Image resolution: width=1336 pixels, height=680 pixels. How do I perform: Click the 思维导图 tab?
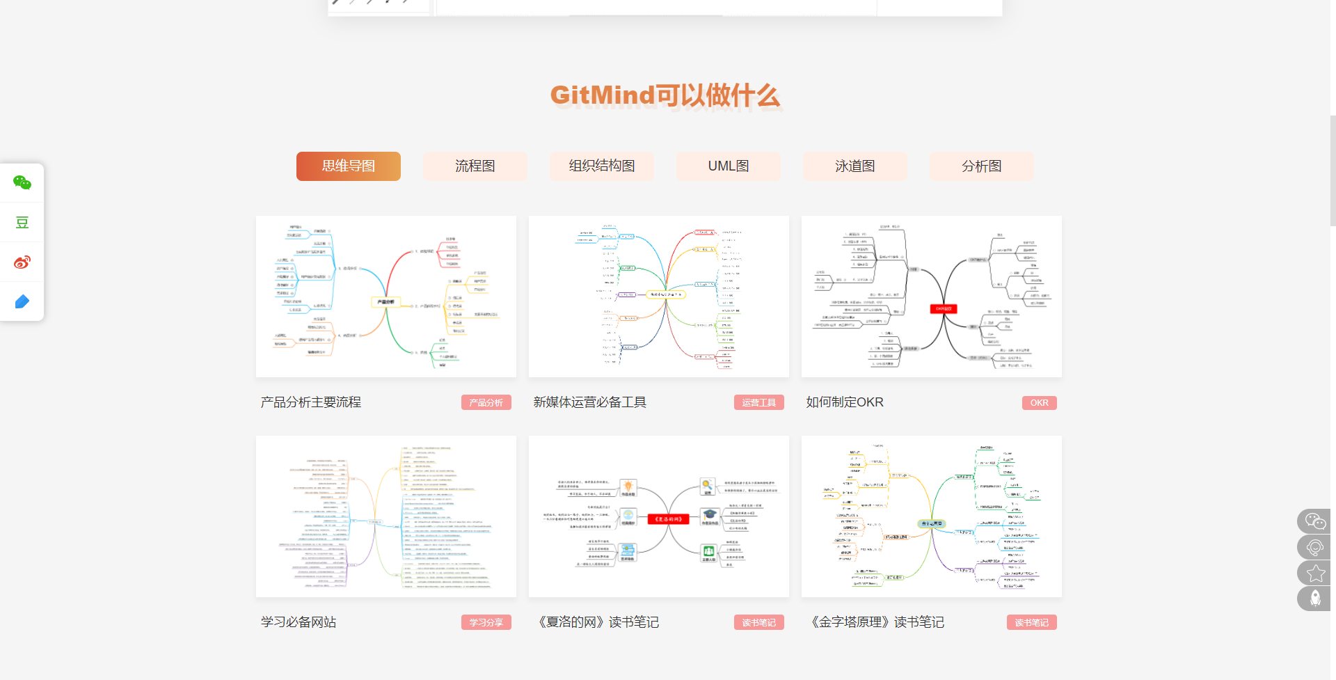(348, 166)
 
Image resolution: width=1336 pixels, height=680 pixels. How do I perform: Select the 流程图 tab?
(475, 166)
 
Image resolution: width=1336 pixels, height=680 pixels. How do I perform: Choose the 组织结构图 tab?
(601, 166)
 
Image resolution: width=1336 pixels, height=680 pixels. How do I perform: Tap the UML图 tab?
(728, 166)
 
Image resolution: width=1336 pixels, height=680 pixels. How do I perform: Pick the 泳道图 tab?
(854, 166)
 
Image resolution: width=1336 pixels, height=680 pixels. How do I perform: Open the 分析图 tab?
(981, 166)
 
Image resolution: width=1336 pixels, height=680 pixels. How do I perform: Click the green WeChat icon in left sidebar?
(22, 183)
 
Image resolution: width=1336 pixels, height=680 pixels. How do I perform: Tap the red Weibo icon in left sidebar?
(22, 262)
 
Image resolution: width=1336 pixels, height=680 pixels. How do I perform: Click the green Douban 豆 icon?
(22, 223)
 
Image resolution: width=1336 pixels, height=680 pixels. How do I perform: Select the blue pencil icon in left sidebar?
(22, 302)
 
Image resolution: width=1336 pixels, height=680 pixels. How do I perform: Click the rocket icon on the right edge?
(1315, 599)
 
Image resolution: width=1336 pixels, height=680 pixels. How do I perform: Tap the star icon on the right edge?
(1315, 574)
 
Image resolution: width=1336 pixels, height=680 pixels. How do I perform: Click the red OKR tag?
(1039, 403)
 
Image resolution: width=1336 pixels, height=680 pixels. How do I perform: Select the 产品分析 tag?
(486, 403)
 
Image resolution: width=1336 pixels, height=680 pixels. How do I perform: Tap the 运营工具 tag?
(758, 403)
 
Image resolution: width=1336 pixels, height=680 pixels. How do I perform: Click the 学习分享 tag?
(486, 623)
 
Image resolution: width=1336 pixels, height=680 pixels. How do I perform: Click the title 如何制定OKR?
(845, 402)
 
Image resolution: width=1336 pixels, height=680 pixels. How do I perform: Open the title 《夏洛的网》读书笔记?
(596, 622)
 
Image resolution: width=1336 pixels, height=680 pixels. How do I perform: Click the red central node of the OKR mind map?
(944, 309)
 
